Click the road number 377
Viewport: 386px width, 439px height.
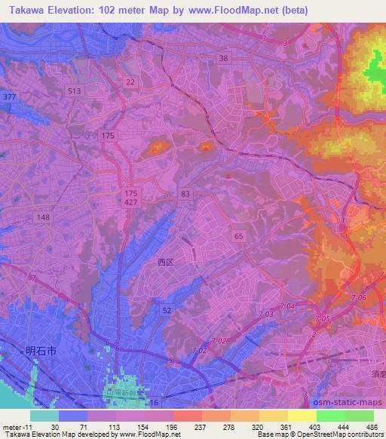click(9, 97)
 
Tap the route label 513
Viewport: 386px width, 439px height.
click(74, 91)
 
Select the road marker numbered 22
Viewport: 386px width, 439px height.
click(131, 81)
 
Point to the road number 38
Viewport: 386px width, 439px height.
click(222, 58)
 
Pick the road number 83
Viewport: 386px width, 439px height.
click(185, 194)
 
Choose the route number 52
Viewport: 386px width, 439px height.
click(167, 310)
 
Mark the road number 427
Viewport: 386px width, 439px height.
click(130, 203)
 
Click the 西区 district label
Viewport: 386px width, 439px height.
click(165, 263)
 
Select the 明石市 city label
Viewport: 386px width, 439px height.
click(39, 350)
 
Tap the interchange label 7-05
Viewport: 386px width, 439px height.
click(323, 320)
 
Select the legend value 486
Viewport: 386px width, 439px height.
click(371, 428)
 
